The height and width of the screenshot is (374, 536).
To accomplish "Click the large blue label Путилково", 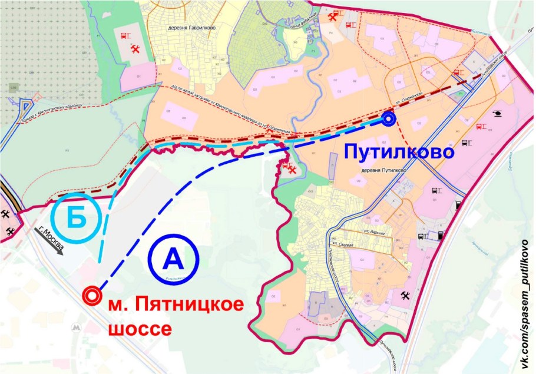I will (x=399, y=153).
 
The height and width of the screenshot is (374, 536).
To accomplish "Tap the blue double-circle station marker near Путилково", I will (x=388, y=119).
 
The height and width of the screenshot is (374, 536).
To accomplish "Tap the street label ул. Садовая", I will (x=345, y=242).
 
